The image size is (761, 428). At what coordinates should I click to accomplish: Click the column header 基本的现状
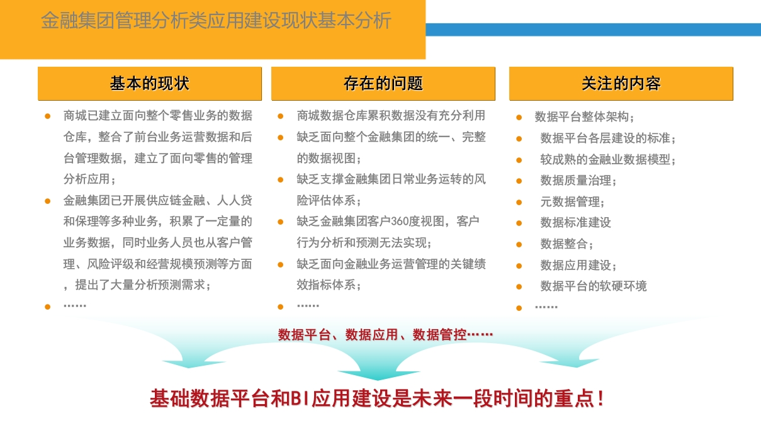click(x=149, y=84)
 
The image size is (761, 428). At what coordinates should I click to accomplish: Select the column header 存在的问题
click(x=383, y=84)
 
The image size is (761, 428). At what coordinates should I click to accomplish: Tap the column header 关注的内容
click(x=621, y=84)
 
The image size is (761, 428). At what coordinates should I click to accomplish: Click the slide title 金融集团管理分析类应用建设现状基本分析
click(x=216, y=20)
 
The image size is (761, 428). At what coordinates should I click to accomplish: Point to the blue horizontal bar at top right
click(x=593, y=30)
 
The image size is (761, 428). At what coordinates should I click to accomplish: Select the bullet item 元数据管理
click(x=572, y=202)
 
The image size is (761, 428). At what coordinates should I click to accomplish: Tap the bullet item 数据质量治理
click(x=578, y=181)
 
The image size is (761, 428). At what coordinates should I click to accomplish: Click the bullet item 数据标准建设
click(x=575, y=223)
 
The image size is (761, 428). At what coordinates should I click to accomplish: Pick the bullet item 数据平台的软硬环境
click(x=593, y=286)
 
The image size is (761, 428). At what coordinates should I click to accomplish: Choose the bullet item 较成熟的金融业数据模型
click(x=607, y=159)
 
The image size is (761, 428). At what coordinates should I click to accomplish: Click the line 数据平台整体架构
click(x=584, y=117)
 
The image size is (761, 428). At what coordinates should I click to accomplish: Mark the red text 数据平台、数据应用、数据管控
click(x=372, y=335)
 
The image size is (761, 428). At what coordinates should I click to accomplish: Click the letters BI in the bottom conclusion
click(x=300, y=398)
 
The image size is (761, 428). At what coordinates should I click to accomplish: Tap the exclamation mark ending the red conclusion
click(x=600, y=398)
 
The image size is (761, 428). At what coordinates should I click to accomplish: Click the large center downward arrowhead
click(x=378, y=375)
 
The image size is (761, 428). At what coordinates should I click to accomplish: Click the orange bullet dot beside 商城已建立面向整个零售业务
click(x=48, y=116)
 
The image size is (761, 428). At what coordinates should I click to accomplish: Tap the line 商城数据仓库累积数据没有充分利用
click(x=391, y=116)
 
